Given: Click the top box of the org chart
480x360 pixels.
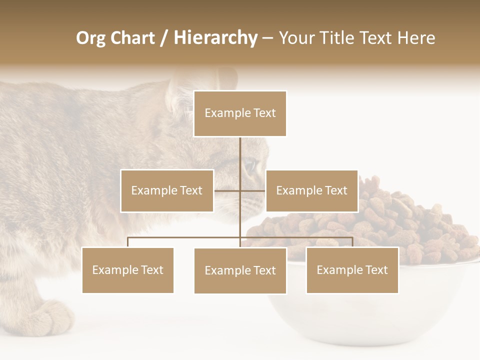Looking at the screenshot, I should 240,113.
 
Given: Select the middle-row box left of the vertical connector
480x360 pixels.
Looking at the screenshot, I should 167,190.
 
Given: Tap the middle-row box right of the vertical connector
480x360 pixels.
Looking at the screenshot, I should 311,190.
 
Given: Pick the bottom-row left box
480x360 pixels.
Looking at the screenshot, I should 127,270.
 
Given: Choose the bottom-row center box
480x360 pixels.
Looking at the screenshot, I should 240,270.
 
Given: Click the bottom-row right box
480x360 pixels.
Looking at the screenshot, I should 352,270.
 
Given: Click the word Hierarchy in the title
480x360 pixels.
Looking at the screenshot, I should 215,37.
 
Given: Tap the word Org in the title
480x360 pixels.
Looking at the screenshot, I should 90,38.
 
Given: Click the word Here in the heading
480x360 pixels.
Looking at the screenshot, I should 416,38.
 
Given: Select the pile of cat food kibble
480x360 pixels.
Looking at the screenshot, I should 420,220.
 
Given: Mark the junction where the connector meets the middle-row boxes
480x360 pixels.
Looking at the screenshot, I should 240,190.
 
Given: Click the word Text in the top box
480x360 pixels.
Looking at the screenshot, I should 264,113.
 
